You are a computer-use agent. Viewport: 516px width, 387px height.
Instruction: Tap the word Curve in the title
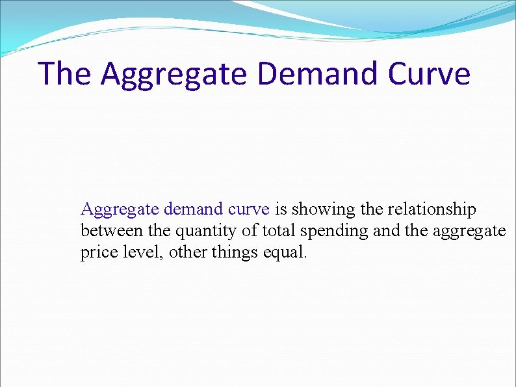pyautogui.click(x=428, y=73)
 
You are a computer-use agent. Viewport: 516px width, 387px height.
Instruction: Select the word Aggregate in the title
pyautogui.click(x=174, y=74)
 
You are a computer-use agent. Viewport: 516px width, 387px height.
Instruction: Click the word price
pyautogui.click(x=96, y=252)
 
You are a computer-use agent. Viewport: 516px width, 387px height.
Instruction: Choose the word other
pyautogui.click(x=186, y=251)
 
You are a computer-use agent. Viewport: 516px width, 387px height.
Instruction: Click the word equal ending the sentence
pyautogui.click(x=284, y=252)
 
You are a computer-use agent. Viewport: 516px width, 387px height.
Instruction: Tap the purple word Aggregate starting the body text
pyautogui.click(x=120, y=210)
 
